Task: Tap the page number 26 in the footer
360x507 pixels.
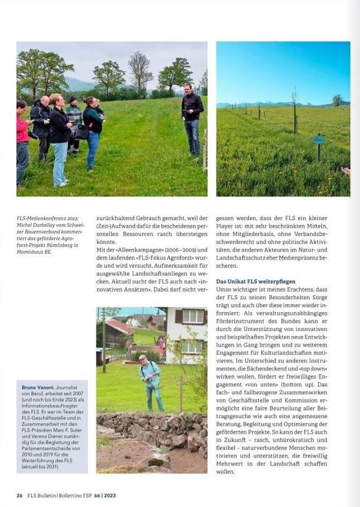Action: coord(19,495)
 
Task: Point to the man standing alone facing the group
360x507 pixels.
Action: coord(191,119)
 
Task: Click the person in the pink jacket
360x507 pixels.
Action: coord(22,141)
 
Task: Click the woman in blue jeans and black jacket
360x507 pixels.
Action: coord(60,138)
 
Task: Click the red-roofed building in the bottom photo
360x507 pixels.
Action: coord(117,331)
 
